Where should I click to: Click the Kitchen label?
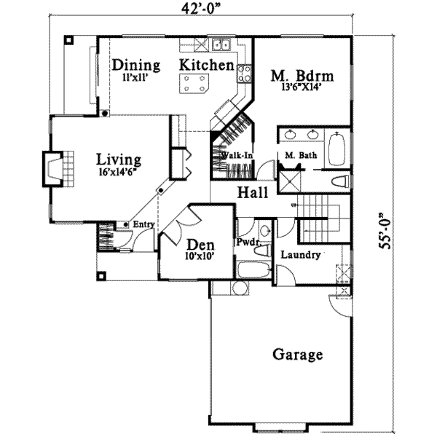[x=207, y=65]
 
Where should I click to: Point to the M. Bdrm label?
[x=302, y=75]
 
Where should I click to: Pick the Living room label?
[x=119, y=160]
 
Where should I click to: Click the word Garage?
[x=297, y=355]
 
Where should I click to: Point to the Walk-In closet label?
[x=237, y=155]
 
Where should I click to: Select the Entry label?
[x=143, y=224]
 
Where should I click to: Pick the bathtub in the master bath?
[x=337, y=150]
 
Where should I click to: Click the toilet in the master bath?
[x=341, y=181]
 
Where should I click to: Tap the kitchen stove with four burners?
[x=244, y=72]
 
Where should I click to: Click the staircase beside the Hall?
[x=320, y=219]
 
